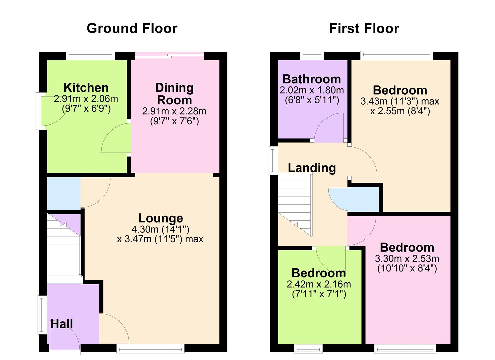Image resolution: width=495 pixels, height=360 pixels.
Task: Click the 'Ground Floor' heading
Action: tap(132, 28)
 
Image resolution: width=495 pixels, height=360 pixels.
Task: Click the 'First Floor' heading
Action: tap(364, 28)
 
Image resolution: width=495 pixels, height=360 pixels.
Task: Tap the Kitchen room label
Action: tap(86, 88)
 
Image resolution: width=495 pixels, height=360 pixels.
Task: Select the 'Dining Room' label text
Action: tap(174, 94)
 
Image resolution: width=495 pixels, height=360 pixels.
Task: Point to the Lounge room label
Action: tap(161, 218)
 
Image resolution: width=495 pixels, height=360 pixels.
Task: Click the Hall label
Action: tap(62, 324)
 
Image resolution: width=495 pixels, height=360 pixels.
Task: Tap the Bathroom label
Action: tap(312, 79)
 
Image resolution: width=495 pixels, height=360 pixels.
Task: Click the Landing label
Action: tap(312, 168)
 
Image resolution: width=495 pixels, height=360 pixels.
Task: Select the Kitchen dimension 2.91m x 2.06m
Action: tap(86, 99)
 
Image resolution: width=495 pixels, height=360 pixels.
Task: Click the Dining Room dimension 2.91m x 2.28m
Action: tap(174, 111)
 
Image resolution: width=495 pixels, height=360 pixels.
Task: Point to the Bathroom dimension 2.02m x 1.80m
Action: tap(312, 90)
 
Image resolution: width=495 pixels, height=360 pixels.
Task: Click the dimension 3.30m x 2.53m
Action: tap(407, 259)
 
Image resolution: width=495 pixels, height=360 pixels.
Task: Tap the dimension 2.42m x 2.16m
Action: tap(319, 284)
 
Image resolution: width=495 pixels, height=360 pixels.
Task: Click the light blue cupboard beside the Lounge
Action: tap(63, 193)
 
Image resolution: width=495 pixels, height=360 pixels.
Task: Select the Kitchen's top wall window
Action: tap(90, 55)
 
